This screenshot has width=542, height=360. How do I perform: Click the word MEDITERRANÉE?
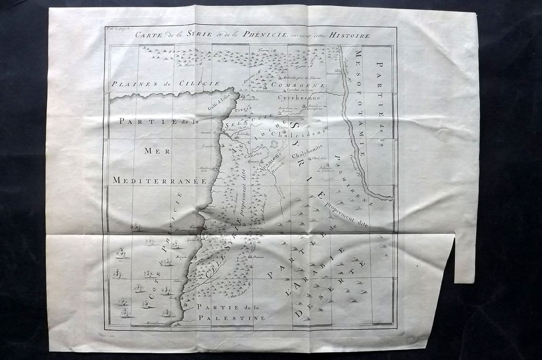coord(159,180)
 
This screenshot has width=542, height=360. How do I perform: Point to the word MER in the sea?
coord(157,151)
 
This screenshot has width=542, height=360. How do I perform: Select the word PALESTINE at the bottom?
coord(232,318)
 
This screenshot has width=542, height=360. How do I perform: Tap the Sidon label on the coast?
coord(178,281)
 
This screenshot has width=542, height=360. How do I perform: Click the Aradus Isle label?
coord(204,169)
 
